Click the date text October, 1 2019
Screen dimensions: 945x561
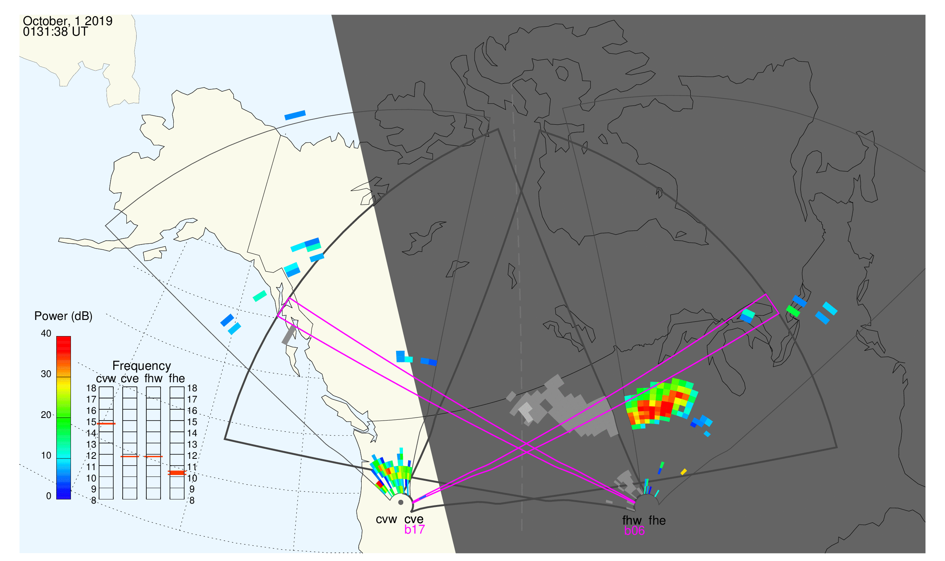click(x=68, y=21)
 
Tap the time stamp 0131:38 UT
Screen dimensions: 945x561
click(x=55, y=32)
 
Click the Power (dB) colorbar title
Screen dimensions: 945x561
click(x=63, y=316)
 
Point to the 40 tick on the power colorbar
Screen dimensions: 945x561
click(x=46, y=333)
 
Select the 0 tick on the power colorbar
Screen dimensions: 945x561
click(x=49, y=496)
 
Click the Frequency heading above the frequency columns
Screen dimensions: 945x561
click(x=142, y=366)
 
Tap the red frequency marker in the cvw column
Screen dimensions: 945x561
click(x=106, y=424)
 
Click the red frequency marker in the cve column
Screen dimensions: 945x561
click(x=130, y=457)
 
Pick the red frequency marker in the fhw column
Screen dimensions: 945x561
click(x=153, y=457)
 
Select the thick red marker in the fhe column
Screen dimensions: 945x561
click(x=177, y=473)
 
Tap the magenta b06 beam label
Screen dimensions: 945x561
click(x=634, y=531)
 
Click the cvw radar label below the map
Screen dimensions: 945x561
click(x=386, y=519)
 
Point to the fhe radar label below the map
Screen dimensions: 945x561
click(x=657, y=520)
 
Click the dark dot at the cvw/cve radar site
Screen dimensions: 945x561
click(x=401, y=502)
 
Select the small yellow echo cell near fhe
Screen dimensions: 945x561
click(x=684, y=472)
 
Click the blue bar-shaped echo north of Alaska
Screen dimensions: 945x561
click(x=295, y=115)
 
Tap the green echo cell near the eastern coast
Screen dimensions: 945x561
click(x=793, y=311)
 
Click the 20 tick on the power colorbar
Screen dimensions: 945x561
click(x=46, y=415)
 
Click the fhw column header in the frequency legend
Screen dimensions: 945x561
click(x=153, y=379)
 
